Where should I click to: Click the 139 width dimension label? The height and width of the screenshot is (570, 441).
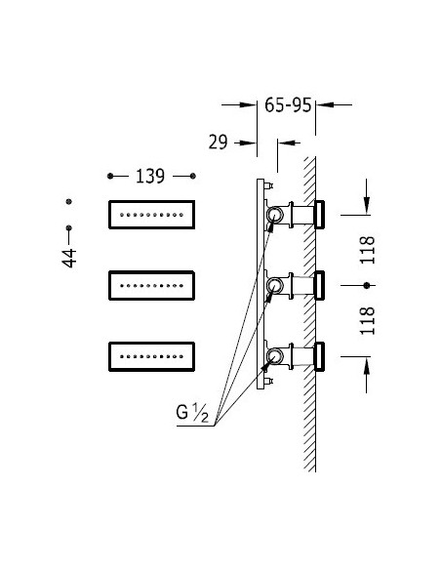[x=150, y=177]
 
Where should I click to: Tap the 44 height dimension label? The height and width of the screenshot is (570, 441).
[x=69, y=258]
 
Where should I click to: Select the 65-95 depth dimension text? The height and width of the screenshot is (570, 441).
[x=288, y=105]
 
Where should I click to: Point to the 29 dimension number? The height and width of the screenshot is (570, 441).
[x=218, y=142]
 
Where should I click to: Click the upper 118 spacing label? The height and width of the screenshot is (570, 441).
[x=367, y=250]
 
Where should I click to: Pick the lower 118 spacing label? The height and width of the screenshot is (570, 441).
[x=367, y=320]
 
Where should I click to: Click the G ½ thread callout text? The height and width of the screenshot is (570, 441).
[x=192, y=413]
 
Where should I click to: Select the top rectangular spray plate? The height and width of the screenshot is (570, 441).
[x=152, y=215]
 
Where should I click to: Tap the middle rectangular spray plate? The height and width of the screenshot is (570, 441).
[x=152, y=285]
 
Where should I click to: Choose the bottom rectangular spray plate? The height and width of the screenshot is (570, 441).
[x=152, y=356]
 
